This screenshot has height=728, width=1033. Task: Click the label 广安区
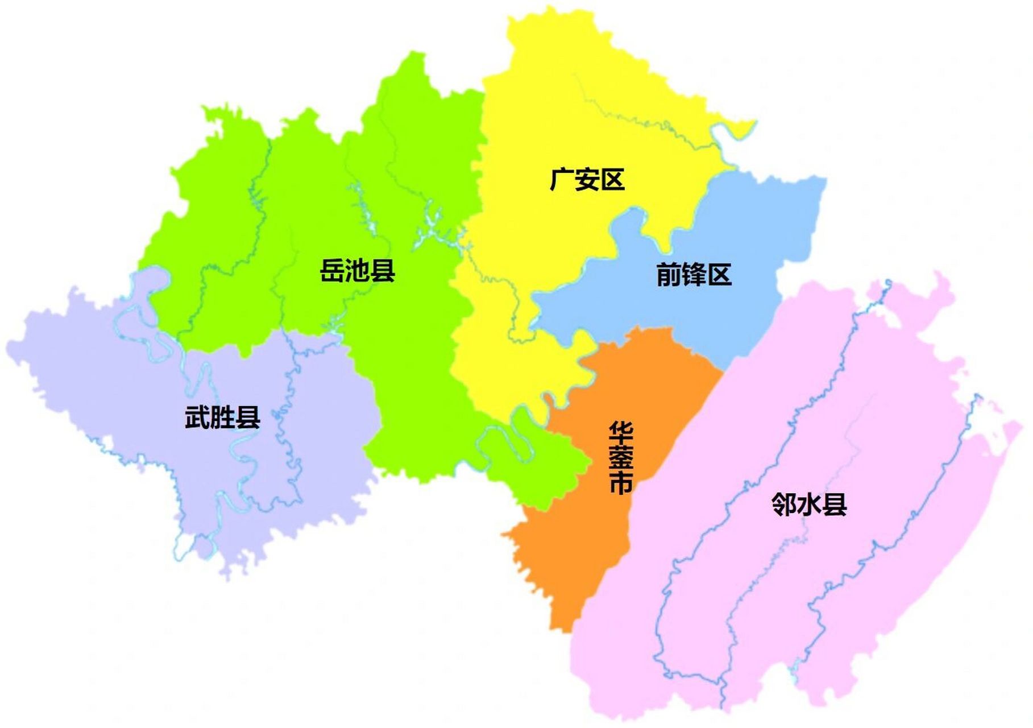click(587, 180)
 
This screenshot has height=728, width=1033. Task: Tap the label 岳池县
click(357, 270)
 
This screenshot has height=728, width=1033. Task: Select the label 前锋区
click(694, 275)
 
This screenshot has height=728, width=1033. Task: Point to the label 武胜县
click(222, 417)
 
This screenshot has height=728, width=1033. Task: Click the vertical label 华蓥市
click(620, 458)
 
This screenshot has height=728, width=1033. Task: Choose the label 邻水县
click(809, 504)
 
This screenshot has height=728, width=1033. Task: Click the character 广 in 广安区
click(562, 180)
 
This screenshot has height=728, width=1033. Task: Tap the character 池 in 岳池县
click(357, 270)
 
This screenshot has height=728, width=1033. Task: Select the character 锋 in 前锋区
click(694, 275)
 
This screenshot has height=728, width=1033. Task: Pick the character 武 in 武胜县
click(197, 417)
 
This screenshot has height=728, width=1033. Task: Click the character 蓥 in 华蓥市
click(620, 458)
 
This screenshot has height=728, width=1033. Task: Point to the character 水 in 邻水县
click(809, 504)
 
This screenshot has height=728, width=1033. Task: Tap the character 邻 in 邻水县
click(784, 504)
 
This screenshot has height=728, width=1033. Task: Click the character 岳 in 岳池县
click(332, 270)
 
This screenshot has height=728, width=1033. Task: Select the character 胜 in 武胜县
click(222, 417)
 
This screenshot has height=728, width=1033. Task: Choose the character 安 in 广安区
click(587, 180)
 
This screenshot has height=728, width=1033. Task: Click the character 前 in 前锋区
click(669, 275)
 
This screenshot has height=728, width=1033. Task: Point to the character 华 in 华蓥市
click(620, 433)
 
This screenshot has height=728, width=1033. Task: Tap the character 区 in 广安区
click(613, 180)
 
